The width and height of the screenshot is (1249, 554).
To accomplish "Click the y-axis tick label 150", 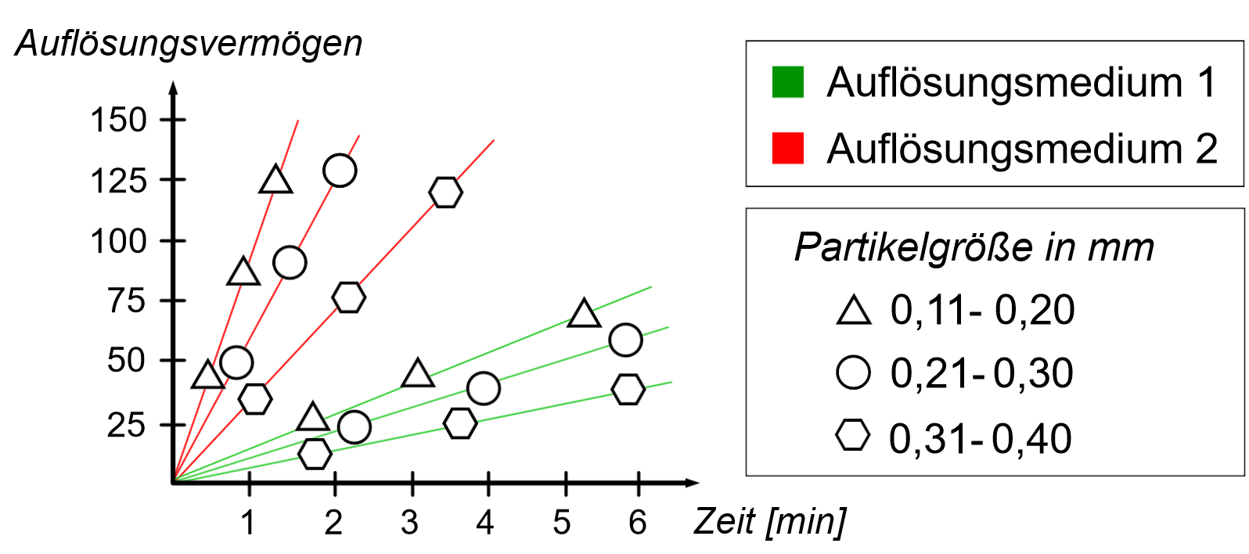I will click(x=119, y=121).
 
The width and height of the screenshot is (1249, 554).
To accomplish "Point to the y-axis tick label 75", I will click(x=127, y=300).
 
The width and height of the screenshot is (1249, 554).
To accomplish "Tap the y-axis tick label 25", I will click(x=127, y=425).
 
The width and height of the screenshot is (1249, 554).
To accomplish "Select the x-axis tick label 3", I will click(x=409, y=523).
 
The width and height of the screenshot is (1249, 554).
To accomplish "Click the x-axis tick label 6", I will click(x=638, y=523).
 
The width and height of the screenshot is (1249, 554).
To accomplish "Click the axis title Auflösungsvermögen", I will click(x=189, y=43).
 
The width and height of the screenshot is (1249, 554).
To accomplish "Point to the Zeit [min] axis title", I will click(x=769, y=522).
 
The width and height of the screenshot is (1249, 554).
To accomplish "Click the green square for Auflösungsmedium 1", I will click(x=787, y=82).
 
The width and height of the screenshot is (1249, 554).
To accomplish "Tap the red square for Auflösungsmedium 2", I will click(x=787, y=148).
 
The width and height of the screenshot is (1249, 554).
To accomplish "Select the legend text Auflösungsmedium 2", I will click(x=1021, y=149).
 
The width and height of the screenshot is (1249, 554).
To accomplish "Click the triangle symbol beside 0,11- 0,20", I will click(x=853, y=310).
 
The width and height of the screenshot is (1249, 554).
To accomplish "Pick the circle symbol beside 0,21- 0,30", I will click(x=853, y=372).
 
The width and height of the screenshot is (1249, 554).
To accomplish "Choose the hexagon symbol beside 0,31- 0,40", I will click(x=852, y=435).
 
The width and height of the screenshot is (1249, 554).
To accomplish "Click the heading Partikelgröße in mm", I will click(x=974, y=248).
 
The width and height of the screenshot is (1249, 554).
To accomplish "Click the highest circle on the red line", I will click(x=340, y=170).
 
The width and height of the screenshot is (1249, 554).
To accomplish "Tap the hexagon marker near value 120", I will click(x=445, y=192).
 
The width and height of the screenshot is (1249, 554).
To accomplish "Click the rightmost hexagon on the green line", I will click(x=628, y=389).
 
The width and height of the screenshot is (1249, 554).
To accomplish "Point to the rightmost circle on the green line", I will click(x=625, y=340).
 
